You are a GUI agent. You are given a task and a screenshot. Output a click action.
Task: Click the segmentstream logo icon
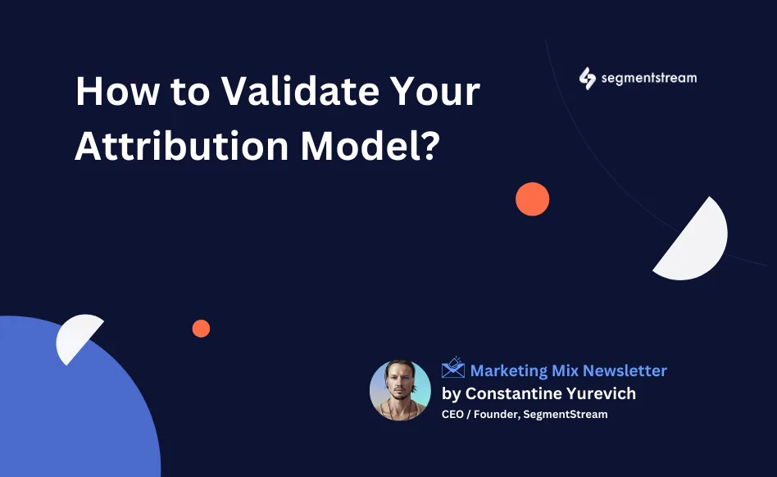click(x=587, y=79)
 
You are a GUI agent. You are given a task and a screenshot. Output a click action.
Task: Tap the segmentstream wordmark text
click(x=649, y=79)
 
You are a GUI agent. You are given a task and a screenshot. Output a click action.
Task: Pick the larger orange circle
click(x=532, y=199)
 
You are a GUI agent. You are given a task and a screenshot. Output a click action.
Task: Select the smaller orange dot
click(x=201, y=329)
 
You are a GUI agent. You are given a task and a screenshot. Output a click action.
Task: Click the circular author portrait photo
click(x=400, y=390)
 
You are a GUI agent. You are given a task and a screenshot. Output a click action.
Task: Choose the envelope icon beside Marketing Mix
click(x=453, y=368)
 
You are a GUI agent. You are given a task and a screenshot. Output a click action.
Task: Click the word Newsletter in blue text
click(x=625, y=370)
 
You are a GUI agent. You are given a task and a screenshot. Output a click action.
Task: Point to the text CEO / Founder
click(x=475, y=414)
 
